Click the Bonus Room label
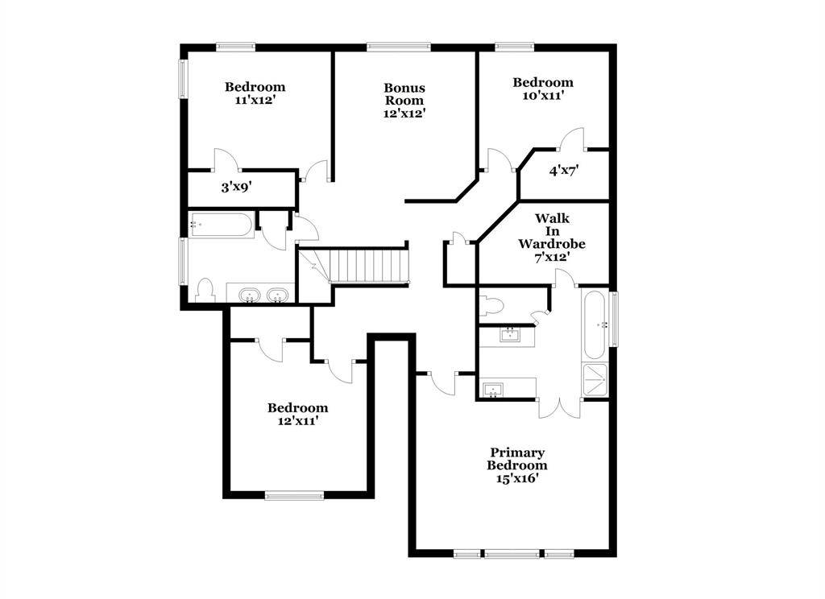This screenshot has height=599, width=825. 404,94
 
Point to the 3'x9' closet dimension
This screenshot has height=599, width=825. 237,188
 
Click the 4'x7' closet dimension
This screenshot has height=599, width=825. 565,171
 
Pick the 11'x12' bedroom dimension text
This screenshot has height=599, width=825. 255,101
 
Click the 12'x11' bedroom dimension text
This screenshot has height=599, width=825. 298,421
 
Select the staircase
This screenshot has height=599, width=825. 363,265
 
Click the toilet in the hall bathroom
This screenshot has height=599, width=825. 204,290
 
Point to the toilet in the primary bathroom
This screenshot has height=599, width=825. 491,305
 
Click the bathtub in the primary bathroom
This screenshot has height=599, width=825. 595,324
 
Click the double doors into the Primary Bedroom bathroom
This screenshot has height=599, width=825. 559,406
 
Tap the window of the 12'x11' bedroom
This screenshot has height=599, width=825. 294,496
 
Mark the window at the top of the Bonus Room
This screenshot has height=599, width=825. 399,47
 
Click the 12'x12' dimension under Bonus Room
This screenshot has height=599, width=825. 404,114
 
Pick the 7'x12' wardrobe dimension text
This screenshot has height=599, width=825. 552,257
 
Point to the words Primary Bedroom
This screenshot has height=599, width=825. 516,459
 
